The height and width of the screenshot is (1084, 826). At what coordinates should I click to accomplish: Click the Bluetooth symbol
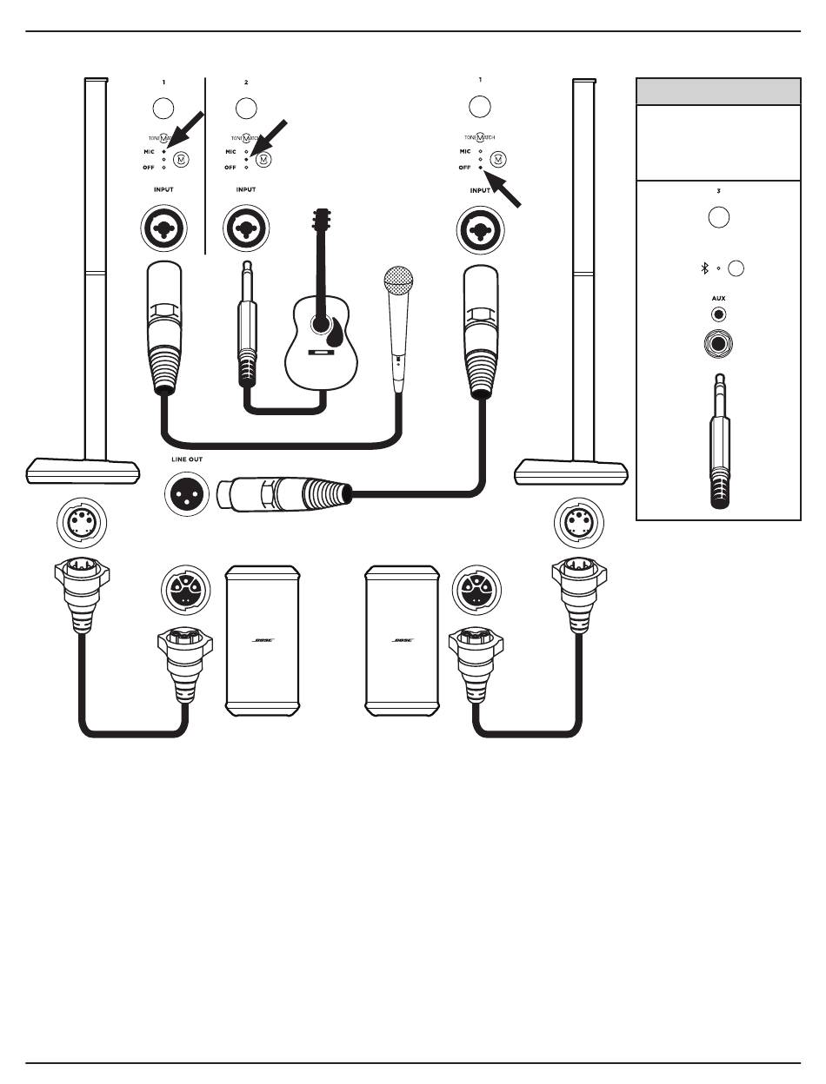[x=705, y=268]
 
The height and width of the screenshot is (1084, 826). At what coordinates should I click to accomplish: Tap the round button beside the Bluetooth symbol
[x=736, y=268]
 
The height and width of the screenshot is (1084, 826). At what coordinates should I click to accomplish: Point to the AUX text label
[x=718, y=298]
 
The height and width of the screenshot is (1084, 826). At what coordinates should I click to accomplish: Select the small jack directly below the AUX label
[x=718, y=315]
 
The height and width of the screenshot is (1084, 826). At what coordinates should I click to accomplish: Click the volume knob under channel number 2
[x=246, y=109]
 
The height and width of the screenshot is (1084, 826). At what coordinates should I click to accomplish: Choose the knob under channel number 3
[x=718, y=217]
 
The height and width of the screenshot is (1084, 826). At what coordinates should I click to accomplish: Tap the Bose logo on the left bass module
[x=263, y=640]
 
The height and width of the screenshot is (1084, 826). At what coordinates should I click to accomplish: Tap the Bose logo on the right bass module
[x=403, y=640]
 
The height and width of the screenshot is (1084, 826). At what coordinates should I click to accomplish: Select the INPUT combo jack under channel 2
[x=246, y=229]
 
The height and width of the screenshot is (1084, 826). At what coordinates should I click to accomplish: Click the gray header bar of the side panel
[x=718, y=91]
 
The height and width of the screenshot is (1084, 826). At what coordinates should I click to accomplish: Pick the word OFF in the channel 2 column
[x=230, y=166]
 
